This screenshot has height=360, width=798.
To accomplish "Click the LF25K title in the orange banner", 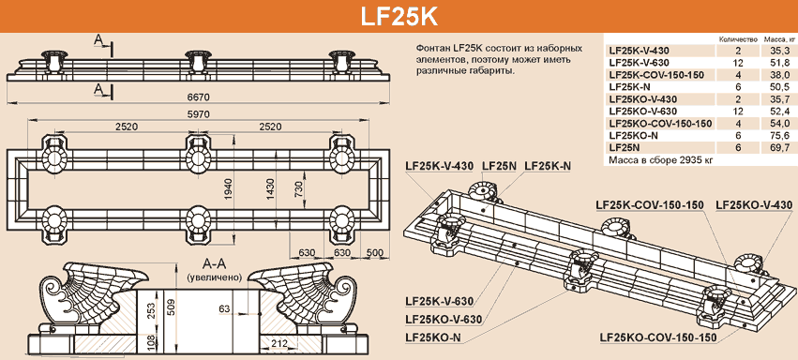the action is pos(399,17).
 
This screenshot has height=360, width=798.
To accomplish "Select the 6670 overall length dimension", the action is pos(199,97).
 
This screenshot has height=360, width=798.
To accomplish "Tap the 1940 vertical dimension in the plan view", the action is pos(230,190).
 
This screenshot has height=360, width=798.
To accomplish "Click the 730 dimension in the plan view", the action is pos(299,188).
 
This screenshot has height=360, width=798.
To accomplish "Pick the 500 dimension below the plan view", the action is pos(374,252).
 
